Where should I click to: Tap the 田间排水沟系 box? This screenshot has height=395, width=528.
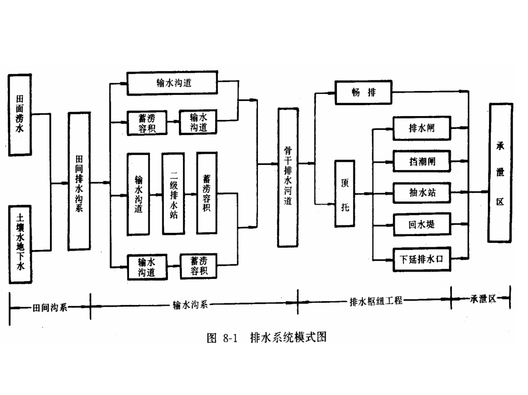(79, 181)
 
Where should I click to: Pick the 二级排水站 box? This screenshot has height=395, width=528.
(173, 193)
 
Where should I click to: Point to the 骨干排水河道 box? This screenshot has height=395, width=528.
(288, 177)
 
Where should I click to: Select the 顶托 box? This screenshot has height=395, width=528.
(344, 193)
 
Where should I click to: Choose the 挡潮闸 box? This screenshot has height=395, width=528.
(422, 161)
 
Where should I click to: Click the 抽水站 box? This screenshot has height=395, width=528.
(422, 193)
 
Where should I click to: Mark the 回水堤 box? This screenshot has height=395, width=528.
(422, 226)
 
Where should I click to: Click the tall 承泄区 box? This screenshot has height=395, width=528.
(500, 172)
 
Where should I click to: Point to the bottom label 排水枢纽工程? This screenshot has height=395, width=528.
(376, 302)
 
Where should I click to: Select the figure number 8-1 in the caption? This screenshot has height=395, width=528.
(230, 337)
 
